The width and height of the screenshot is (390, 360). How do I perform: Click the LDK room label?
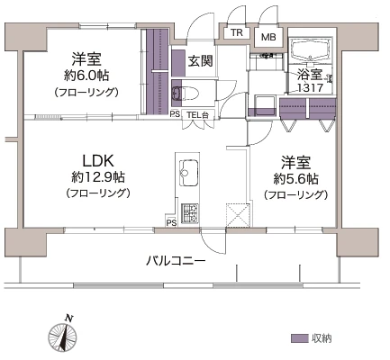tap(98, 161)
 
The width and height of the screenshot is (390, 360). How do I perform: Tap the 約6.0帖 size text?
tap(86, 76)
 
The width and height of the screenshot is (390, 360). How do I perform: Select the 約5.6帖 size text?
tap(296, 179)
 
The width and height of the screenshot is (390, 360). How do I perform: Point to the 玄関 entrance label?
tap(201, 61)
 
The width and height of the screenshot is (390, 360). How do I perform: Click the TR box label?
tap(237, 32)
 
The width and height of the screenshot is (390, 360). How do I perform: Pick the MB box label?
tap(268, 37)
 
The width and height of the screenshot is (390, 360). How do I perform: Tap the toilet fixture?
tap(185, 93)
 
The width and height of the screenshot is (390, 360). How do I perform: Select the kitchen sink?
tap(189, 173)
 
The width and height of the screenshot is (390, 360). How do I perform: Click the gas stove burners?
tap(190, 213)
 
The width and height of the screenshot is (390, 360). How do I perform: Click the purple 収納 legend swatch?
tap(300, 338)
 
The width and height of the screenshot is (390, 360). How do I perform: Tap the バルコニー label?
tap(176, 260)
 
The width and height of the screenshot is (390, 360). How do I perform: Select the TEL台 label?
tap(197, 114)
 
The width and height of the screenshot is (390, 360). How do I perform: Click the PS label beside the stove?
tap(171, 223)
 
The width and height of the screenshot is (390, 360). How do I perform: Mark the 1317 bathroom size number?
tap(310, 88)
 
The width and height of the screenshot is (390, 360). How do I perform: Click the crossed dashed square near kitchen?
tap(238, 216)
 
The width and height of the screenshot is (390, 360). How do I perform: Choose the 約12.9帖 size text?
tap(98, 178)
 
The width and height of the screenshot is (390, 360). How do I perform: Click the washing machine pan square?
tap(266, 103)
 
